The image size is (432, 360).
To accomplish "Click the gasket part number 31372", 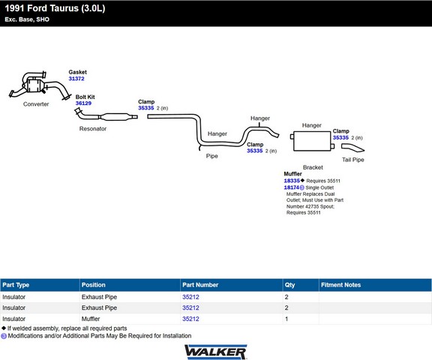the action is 76,79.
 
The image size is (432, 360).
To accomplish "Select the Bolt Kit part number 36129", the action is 83,103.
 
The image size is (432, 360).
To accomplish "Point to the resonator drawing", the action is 106,116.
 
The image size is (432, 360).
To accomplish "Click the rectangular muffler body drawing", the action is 312,141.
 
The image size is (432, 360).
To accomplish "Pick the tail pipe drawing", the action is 352,148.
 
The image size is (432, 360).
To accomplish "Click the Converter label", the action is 36,104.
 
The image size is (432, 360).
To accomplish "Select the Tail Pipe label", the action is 353,160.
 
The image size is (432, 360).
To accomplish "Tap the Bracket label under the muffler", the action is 313,167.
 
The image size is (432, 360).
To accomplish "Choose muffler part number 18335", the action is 292,181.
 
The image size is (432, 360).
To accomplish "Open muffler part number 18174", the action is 292,187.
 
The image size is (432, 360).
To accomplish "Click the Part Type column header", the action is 16,285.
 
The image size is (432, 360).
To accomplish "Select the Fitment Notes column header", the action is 340,285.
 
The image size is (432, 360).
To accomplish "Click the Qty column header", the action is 289,285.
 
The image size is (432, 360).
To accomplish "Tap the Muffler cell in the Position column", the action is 91,319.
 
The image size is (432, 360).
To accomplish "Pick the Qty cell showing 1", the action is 286,319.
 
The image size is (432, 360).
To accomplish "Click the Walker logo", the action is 216,352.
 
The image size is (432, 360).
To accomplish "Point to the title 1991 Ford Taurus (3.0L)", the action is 55,8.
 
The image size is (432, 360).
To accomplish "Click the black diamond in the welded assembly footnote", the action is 4,328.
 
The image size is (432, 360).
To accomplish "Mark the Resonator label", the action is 93,129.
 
